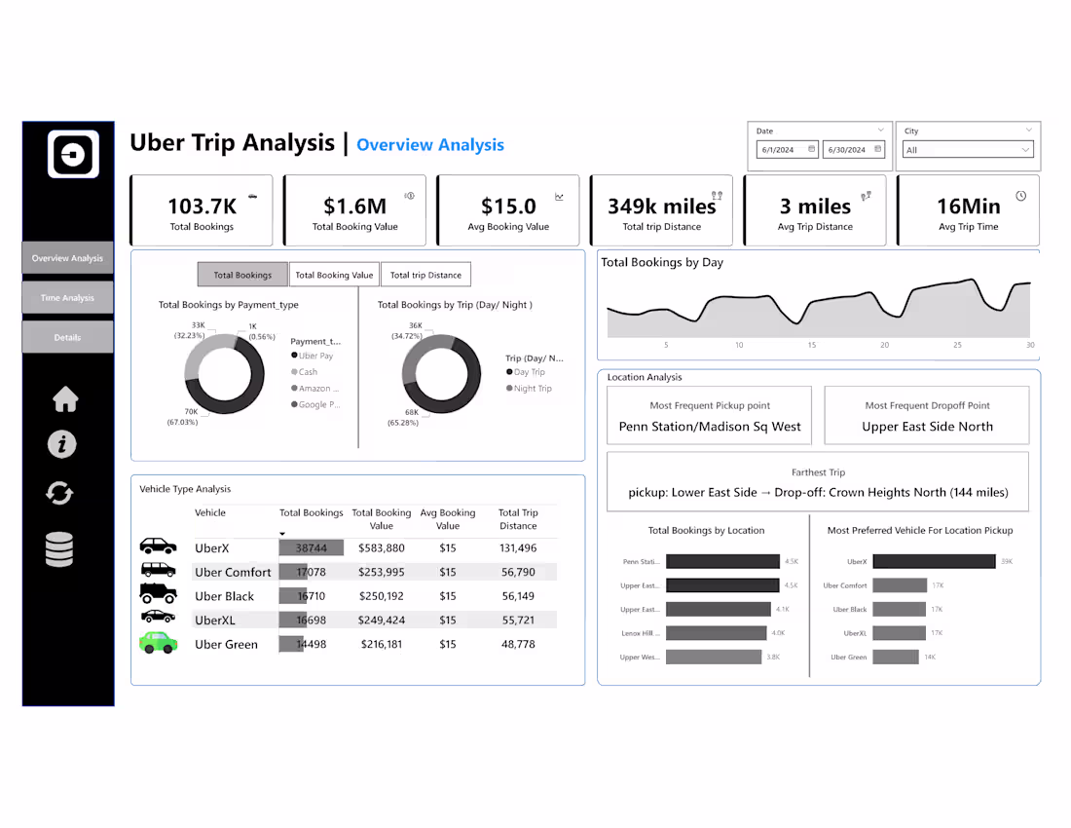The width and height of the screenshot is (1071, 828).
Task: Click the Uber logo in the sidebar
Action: point(73,154)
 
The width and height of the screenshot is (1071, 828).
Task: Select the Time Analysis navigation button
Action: point(67,298)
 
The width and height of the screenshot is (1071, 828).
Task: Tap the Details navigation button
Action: point(67,337)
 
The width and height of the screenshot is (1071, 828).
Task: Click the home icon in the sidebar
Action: point(65,399)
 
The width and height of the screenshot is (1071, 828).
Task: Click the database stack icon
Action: point(59,550)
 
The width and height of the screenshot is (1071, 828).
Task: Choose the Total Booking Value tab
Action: point(334,275)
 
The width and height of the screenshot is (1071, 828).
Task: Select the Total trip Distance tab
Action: point(425,275)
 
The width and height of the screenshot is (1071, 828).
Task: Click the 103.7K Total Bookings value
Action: point(202,207)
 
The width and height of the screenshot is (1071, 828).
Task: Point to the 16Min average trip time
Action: point(968,207)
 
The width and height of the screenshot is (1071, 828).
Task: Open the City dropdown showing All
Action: point(968,150)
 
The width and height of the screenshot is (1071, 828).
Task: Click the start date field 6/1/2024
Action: point(787,150)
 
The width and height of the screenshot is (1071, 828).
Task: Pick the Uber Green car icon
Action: point(158,643)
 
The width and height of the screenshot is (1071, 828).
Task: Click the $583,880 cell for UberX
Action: point(382,548)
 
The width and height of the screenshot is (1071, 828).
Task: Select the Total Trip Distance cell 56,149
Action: point(518,596)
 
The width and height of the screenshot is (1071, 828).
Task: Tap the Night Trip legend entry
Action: point(532,389)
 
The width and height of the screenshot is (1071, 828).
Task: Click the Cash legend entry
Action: point(308,372)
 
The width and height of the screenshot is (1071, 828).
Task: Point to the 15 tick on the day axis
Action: point(811,345)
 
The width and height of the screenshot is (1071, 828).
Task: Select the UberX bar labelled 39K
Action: point(934,561)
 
